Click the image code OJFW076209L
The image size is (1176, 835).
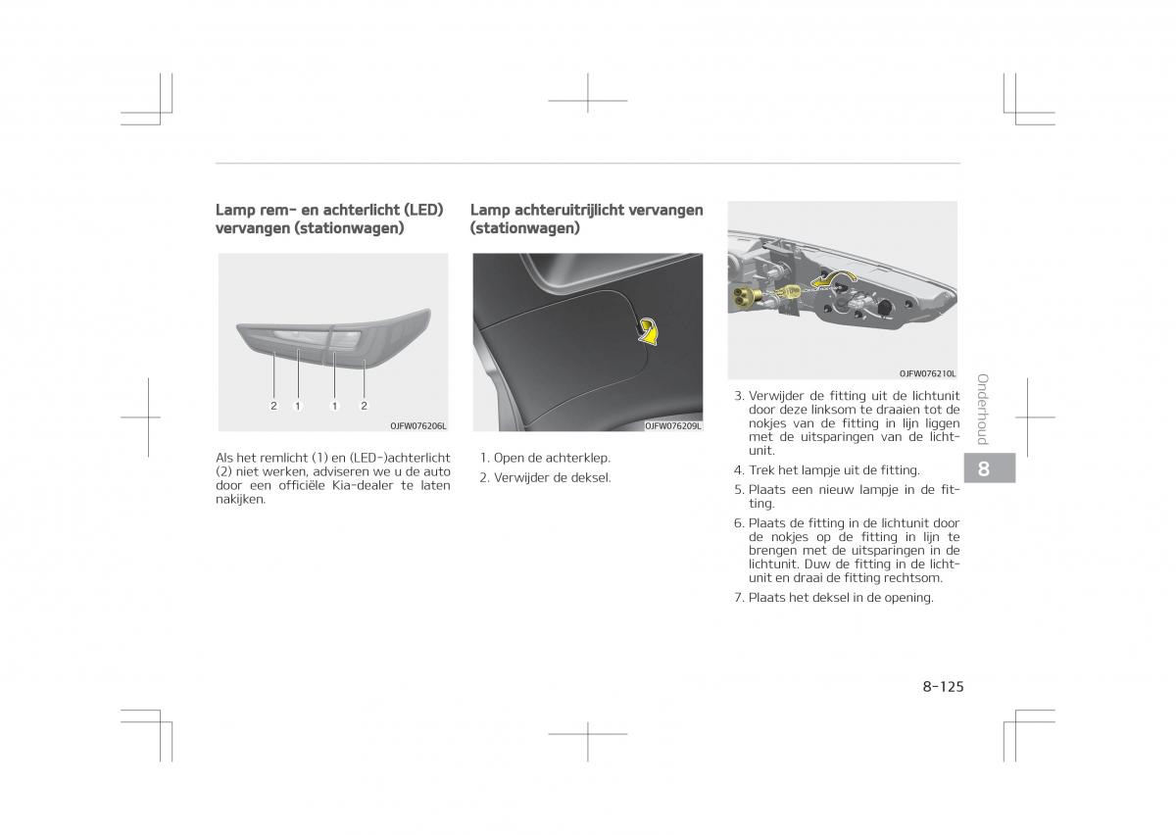pos(673,425)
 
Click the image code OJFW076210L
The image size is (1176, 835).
pos(927,373)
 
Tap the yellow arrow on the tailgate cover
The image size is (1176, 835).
pos(648,333)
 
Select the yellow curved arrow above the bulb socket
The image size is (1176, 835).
pos(832,281)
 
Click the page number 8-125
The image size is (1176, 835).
pos(943,686)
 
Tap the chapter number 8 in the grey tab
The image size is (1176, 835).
pos(983,469)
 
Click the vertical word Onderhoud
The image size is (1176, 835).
pos(983,409)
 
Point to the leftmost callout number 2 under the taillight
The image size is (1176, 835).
pos(274,405)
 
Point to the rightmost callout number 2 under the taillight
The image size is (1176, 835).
pos(364,405)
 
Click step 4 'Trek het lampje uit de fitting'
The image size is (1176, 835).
pos(833,470)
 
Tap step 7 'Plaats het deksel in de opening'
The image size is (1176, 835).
pos(840,597)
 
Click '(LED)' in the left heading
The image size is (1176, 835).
pos(422,210)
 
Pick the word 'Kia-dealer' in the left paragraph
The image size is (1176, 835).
pos(361,485)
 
